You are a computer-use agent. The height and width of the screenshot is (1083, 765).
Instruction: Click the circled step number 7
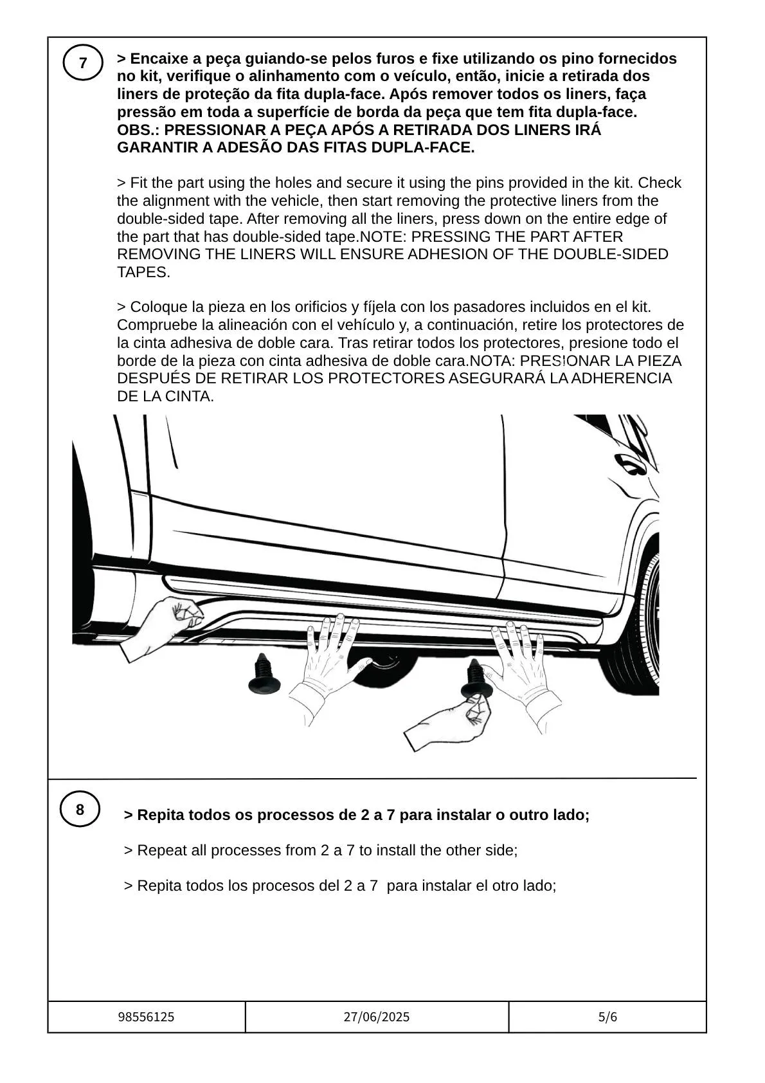[83, 63]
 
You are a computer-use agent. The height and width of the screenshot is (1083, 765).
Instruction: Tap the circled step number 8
[80, 810]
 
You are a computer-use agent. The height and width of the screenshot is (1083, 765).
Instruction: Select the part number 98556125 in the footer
[146, 1017]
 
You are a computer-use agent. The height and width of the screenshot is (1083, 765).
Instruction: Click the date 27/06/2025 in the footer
[376, 1017]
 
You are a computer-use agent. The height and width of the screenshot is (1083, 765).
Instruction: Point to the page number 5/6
[607, 1017]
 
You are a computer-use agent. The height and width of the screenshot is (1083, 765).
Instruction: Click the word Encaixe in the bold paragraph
[156, 59]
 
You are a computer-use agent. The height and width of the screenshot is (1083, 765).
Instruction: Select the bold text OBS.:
[138, 130]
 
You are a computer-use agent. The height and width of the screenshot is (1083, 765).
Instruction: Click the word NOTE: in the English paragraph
[383, 237]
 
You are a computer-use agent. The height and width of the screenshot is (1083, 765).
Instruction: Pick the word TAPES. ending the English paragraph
[143, 272]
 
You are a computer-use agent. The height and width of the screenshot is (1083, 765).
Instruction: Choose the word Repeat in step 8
[159, 850]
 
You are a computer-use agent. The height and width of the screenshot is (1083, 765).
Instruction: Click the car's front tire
[636, 630]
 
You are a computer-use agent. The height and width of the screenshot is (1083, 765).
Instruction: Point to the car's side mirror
[629, 463]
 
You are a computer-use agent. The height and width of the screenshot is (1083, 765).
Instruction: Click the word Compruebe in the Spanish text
[157, 325]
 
